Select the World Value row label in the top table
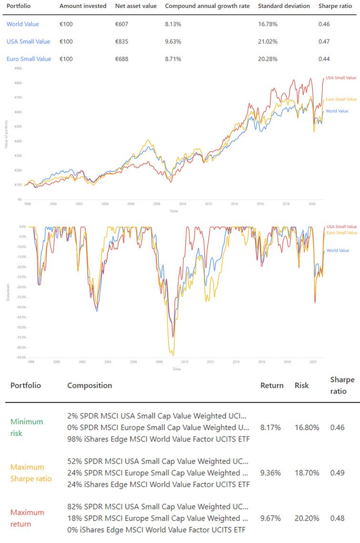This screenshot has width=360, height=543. (23, 24)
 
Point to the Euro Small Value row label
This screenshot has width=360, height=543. (29, 59)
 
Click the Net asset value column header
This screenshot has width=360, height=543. (135, 6)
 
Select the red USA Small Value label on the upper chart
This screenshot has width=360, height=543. (340, 77)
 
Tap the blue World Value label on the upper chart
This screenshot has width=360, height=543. (337, 111)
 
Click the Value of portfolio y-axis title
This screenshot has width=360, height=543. (6, 134)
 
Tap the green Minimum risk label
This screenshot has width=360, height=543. (27, 427)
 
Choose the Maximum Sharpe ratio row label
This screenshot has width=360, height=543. (27, 473)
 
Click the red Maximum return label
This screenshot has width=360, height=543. (27, 518)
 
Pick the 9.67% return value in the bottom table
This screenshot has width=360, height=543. (270, 518)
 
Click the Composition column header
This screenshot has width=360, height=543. (90, 385)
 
